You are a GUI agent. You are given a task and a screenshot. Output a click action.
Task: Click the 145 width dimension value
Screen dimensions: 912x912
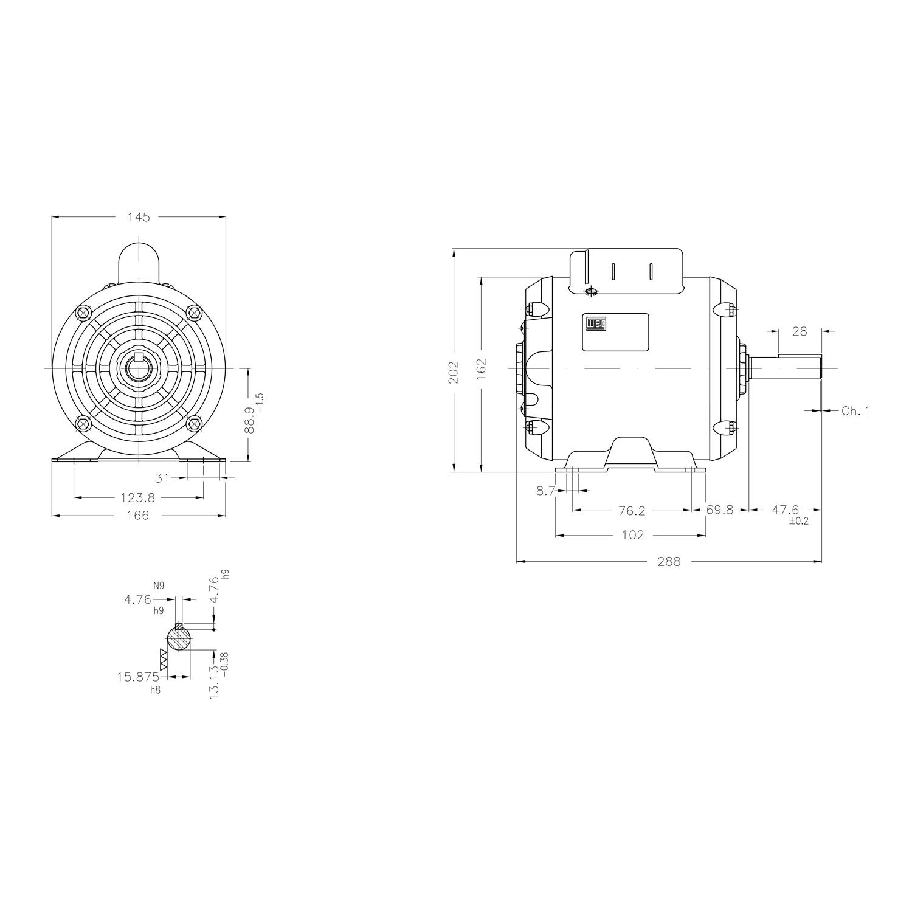tap(139, 217)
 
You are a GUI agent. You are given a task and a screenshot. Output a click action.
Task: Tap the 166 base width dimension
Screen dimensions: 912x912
tap(137, 516)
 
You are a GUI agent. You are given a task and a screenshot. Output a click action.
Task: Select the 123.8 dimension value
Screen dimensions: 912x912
tap(138, 498)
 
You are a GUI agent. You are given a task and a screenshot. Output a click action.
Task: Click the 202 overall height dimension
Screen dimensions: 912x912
tap(454, 372)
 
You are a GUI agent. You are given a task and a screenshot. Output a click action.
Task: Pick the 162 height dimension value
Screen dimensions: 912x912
tap(482, 370)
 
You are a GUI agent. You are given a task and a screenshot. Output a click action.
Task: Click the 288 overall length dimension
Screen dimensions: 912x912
tap(669, 562)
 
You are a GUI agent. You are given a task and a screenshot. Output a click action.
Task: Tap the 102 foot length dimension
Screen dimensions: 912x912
tap(633, 536)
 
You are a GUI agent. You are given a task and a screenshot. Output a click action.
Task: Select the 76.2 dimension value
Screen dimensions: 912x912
tap(632, 511)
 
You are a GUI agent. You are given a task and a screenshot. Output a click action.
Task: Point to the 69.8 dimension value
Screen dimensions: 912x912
tap(720, 510)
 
